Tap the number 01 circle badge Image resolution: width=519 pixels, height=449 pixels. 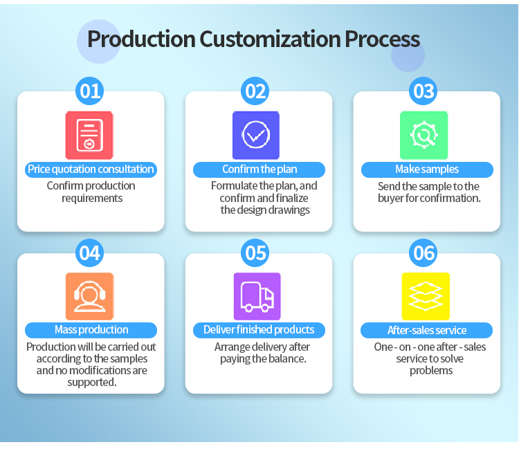[91, 91]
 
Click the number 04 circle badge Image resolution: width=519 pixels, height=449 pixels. [90, 253]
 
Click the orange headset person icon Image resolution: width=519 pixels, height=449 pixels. [89, 296]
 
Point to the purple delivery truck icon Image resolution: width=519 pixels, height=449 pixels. [257, 296]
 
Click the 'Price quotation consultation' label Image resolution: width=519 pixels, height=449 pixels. [91, 169]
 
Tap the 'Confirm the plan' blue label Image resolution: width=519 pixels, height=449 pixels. [258, 169]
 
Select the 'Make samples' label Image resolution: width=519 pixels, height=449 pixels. [427, 169]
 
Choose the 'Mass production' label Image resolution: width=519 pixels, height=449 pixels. [91, 330]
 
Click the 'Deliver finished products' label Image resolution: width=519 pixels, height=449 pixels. [259, 330]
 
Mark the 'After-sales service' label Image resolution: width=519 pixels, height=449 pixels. [427, 331]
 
